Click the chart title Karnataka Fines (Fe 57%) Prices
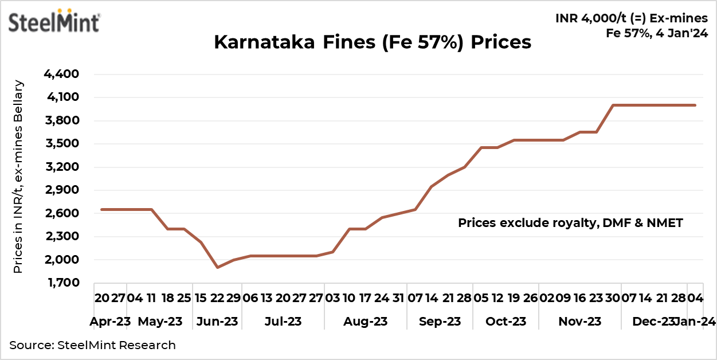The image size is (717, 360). point(373,42)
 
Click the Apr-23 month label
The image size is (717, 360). point(111,322)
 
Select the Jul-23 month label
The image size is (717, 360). point(283,322)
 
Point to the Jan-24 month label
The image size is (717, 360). point(695,322)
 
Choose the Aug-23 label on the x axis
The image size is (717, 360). point(365,322)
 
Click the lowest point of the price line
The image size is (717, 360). point(217,267)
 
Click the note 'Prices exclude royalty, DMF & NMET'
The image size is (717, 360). point(570,223)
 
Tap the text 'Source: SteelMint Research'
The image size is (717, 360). point(92,345)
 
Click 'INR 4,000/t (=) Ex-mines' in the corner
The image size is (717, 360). point(632,18)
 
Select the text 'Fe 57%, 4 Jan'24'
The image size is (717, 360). point(657,33)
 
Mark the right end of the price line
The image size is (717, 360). point(695,105)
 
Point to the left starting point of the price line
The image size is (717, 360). point(102,209)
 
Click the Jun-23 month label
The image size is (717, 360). point(217,322)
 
